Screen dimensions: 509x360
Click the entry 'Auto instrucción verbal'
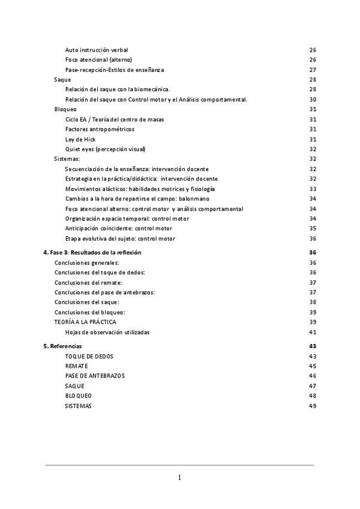tap(96, 50)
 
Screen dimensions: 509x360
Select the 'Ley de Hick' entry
tap(80, 139)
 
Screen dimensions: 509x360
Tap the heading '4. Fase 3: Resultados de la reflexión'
tap(92, 253)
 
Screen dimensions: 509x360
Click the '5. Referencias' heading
tap(62, 346)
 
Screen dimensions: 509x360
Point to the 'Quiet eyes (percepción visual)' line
tap(105, 149)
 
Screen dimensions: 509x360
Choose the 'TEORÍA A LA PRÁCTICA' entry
tap(85, 322)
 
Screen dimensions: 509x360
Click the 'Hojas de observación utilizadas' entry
tap(107, 332)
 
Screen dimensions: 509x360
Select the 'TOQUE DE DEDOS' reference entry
tap(89, 356)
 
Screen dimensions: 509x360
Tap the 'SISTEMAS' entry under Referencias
tap(79, 406)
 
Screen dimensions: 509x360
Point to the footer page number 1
tap(179, 478)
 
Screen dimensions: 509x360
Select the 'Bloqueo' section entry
tap(65, 109)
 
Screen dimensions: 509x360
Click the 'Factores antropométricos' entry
tap(100, 129)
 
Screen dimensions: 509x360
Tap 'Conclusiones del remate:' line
tap(88, 282)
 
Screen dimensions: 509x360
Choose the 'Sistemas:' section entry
tap(67, 158)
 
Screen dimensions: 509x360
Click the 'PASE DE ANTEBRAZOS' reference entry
tap(94, 376)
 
